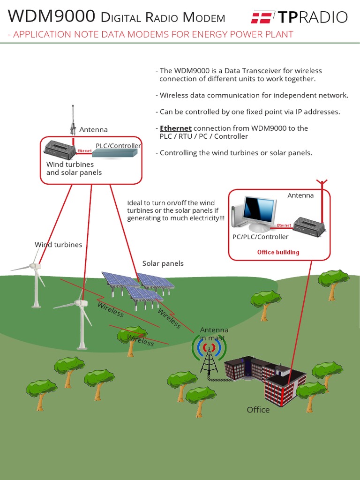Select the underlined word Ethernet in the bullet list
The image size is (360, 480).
click(176, 128)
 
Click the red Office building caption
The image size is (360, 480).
click(278, 252)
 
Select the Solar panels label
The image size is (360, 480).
click(163, 263)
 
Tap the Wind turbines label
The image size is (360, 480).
click(58, 245)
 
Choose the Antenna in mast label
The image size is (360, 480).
click(214, 334)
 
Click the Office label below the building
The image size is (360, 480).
click(258, 410)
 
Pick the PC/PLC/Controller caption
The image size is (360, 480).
click(261, 237)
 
